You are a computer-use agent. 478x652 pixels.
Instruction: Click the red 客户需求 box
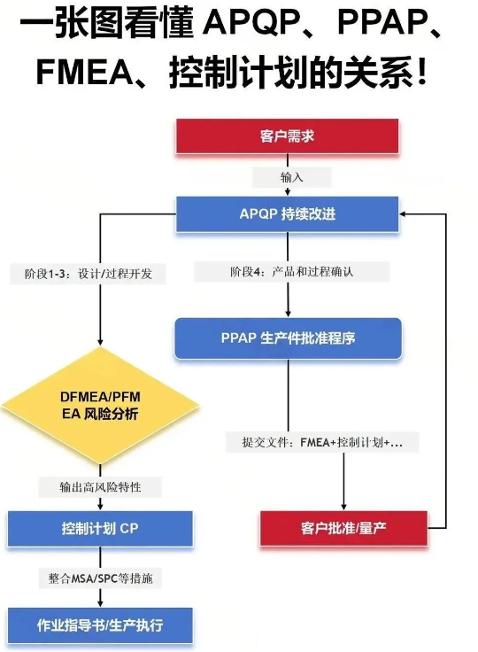click(x=287, y=136)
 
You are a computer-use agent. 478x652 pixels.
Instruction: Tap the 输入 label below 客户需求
click(x=291, y=177)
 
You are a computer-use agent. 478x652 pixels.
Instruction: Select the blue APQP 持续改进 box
click(x=287, y=214)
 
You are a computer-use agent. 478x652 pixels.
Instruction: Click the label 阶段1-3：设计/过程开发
click(x=89, y=274)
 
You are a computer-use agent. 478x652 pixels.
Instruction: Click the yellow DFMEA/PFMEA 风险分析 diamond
click(x=99, y=407)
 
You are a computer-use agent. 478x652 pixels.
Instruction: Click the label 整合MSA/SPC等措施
click(x=101, y=578)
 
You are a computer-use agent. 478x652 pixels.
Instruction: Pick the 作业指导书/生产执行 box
click(x=99, y=626)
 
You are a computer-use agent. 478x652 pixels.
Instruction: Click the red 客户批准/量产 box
click(x=343, y=528)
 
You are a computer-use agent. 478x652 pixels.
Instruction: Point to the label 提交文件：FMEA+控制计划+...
click(x=322, y=441)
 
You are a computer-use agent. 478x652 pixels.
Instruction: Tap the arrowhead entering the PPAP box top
click(x=288, y=312)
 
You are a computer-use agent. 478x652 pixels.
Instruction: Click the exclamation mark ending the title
click(x=421, y=73)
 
